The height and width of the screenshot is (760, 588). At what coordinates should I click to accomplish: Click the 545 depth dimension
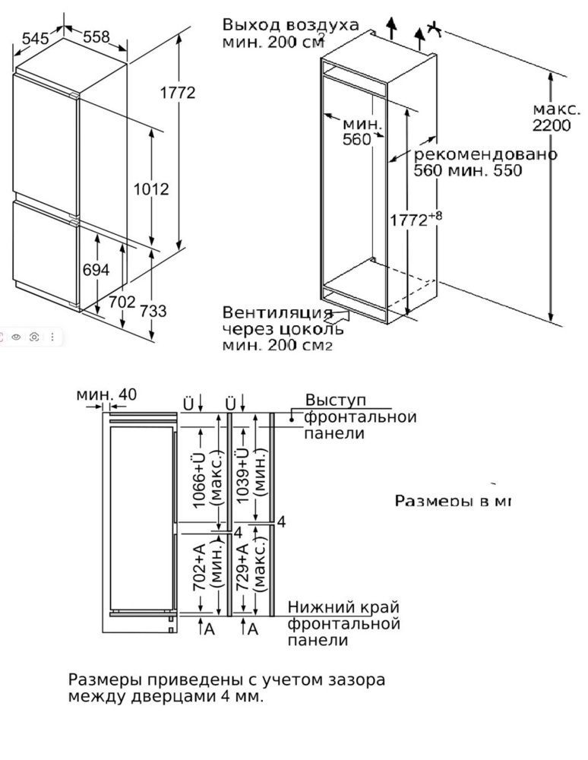coord(35,38)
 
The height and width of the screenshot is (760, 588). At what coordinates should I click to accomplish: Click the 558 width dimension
coord(96,36)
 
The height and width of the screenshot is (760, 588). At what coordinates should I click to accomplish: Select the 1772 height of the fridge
coord(178,93)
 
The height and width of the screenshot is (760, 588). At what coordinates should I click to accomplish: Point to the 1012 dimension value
coord(150,188)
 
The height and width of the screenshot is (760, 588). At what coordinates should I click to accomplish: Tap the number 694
coord(96,270)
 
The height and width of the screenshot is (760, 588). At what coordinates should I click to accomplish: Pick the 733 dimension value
coord(153,311)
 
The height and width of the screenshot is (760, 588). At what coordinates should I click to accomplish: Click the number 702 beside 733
coord(122,302)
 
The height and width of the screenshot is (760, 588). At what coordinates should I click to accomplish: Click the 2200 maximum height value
coord(552,125)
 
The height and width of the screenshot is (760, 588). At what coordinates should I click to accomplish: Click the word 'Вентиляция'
coord(277,313)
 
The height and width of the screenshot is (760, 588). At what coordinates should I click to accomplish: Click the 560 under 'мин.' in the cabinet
coord(356,139)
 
